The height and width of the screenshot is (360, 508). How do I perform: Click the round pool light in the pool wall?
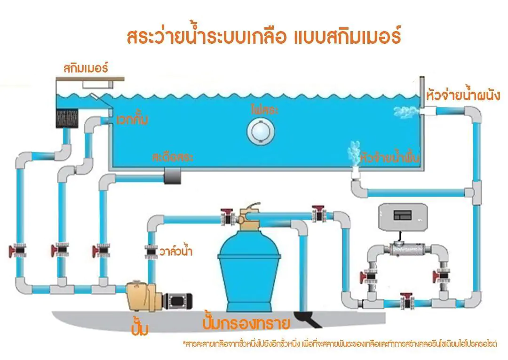261,131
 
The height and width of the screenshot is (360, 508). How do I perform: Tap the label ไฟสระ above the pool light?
265,110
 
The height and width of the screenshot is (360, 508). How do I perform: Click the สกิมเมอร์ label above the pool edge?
86,68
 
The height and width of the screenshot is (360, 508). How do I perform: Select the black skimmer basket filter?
67,118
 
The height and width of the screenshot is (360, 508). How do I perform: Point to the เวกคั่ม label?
132,120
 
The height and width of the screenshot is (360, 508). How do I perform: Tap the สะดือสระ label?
172,157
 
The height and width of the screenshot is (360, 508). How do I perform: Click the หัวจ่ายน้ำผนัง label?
463,95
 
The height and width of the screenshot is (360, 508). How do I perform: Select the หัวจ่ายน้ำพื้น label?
390,157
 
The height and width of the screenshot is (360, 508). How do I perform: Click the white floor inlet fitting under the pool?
356,174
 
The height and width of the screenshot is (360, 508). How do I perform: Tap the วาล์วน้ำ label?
176,251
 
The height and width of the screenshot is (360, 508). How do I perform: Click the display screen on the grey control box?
402,215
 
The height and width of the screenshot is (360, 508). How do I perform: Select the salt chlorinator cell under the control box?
407,250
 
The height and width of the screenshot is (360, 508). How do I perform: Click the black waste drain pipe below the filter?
308,319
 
